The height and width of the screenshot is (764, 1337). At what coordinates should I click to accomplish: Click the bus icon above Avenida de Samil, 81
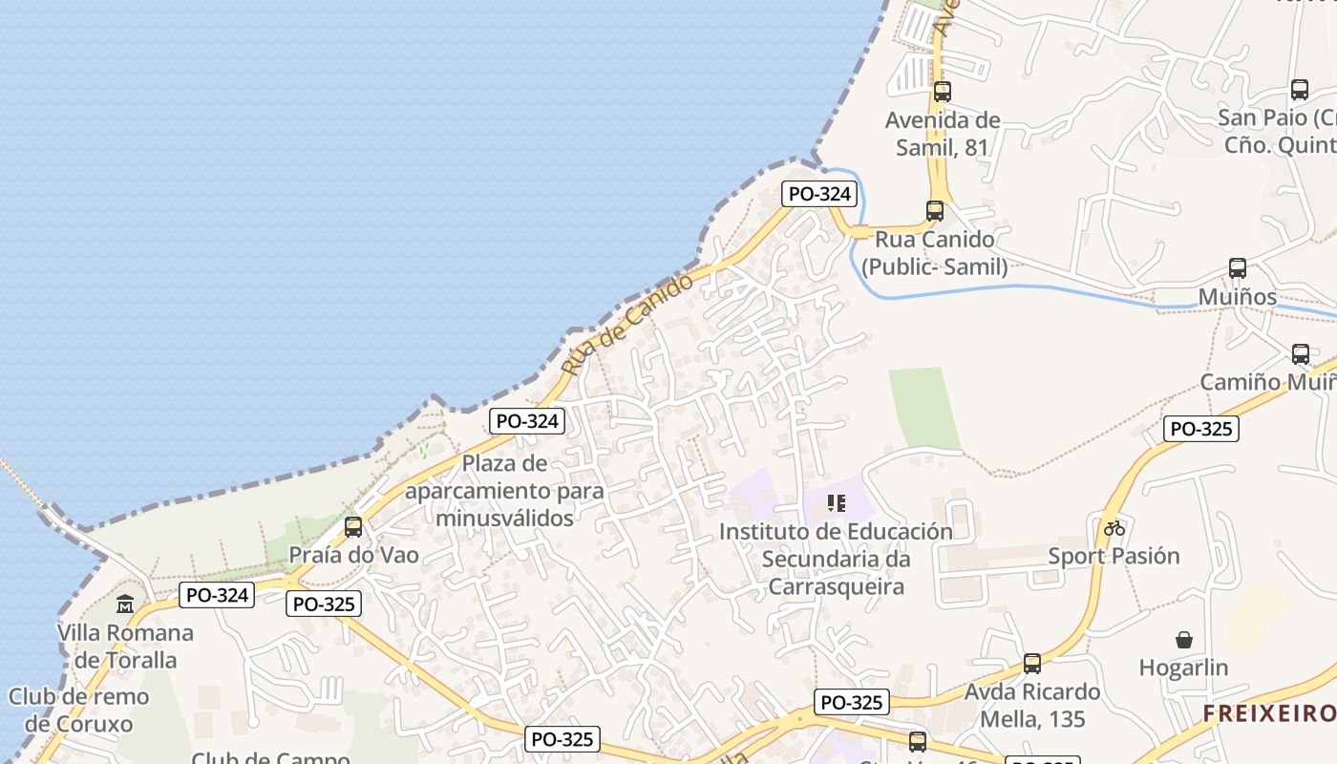click(943, 92)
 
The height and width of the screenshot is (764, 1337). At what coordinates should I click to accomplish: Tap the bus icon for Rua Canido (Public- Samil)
click(935, 211)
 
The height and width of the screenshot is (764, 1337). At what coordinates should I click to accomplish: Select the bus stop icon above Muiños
click(1238, 268)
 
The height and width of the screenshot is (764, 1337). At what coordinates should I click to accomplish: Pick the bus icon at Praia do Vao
click(353, 527)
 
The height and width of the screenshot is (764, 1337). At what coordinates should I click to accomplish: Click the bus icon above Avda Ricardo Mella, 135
click(1032, 664)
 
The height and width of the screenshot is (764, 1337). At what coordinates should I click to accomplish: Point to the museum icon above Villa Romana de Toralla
click(125, 605)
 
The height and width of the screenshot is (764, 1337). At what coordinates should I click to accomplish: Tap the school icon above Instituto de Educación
click(837, 503)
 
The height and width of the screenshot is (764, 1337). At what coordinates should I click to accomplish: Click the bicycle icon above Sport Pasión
click(1114, 527)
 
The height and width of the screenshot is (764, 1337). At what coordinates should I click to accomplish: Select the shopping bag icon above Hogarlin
click(1184, 640)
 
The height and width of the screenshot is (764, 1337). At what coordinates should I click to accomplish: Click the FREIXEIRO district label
click(1268, 713)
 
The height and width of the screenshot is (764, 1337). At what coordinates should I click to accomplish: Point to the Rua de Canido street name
click(627, 325)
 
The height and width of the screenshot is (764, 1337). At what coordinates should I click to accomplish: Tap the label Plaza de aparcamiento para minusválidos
click(505, 491)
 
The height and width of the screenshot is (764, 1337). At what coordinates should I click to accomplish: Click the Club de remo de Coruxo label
click(79, 710)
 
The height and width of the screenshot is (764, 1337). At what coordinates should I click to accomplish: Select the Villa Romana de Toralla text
click(125, 647)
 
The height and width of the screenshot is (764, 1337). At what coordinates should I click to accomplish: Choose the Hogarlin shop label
click(1184, 668)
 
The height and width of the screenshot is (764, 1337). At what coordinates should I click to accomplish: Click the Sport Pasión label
click(1114, 556)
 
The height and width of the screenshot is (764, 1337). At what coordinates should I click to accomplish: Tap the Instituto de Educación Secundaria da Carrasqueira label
click(837, 559)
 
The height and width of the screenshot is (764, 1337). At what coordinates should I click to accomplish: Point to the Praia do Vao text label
click(353, 555)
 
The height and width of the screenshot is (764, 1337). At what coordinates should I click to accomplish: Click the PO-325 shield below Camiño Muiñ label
click(1201, 429)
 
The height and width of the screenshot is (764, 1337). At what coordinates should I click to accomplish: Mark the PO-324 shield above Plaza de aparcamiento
click(527, 420)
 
